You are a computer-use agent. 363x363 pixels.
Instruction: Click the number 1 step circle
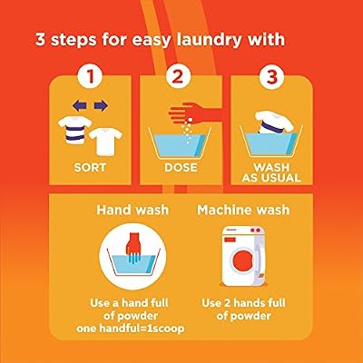point(91,76)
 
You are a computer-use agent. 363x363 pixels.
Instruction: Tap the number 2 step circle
point(178,76)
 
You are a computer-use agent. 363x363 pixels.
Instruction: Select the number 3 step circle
point(271,76)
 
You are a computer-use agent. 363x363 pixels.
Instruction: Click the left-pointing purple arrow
point(80,106)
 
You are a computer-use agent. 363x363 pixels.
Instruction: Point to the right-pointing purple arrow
point(101,106)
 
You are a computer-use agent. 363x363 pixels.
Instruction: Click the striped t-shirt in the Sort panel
point(74,130)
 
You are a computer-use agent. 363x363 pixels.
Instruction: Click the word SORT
point(90,167)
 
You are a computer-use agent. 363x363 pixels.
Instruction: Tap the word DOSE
point(181,167)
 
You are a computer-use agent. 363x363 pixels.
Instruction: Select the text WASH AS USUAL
point(271,172)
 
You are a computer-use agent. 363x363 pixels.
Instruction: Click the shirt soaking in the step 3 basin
point(274,122)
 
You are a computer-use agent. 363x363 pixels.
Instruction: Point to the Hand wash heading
point(132,210)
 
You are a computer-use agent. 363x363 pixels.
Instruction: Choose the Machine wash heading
point(243,210)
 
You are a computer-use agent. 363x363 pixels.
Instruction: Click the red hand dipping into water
point(132,247)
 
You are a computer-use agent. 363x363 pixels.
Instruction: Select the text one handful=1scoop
point(131,329)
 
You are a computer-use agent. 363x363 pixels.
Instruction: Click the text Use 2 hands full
point(243,303)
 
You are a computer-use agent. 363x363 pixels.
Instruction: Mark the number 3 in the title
point(40,40)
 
